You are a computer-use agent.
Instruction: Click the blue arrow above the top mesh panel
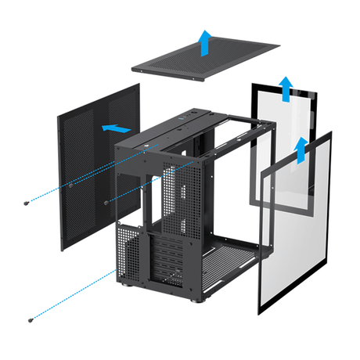[204, 43]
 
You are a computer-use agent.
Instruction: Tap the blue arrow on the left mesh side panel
[115, 127]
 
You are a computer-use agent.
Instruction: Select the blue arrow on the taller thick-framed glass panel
[286, 88]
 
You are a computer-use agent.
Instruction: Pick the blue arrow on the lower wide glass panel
[301, 149]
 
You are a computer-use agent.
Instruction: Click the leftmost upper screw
[29, 203]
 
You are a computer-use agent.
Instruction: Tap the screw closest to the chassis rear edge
[106, 201]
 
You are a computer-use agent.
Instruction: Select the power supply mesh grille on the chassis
[128, 250]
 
